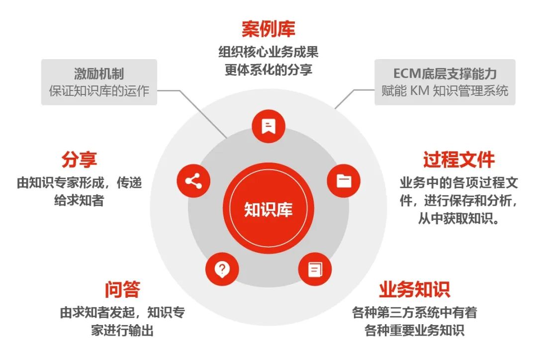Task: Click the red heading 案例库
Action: [x=268, y=29]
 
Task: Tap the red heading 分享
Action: [x=79, y=160]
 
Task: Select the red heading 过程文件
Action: [x=459, y=160]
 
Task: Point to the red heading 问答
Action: [x=122, y=289]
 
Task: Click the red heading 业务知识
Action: [x=414, y=289]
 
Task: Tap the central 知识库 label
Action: [x=268, y=209]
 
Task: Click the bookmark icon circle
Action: [x=268, y=126]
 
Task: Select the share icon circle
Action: [x=193, y=181]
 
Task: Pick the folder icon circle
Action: [x=344, y=181]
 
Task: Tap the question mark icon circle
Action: [x=222, y=269]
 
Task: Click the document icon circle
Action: [x=315, y=269]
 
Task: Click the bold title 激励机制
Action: [x=99, y=74]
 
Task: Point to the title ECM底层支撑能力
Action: [x=445, y=74]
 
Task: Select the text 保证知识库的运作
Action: [x=99, y=91]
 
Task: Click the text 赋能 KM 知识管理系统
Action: [x=445, y=91]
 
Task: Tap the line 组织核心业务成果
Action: [x=268, y=52]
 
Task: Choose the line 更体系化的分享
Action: [x=268, y=70]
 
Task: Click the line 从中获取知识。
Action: [x=459, y=218]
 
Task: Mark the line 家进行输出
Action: [x=122, y=331]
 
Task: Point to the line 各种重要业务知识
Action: [x=414, y=331]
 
